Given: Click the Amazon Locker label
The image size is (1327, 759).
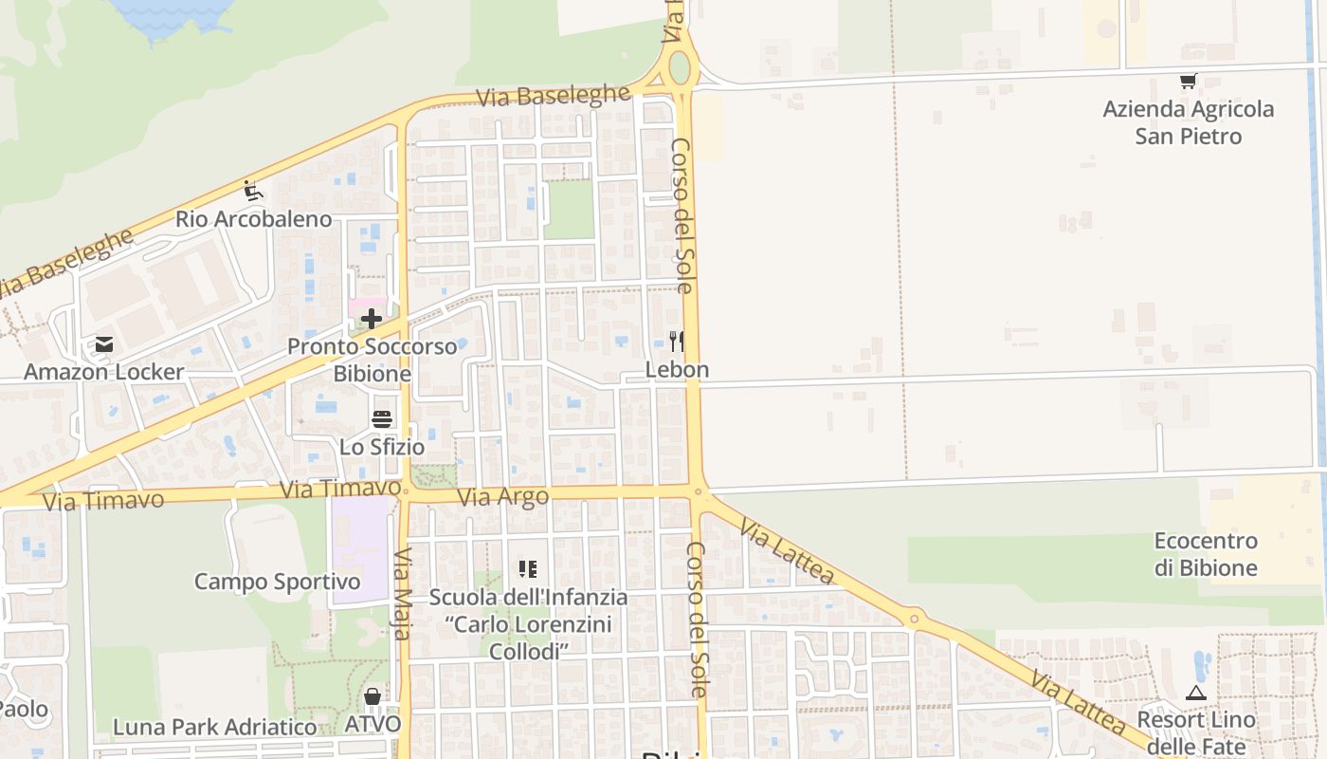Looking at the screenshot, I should coord(103,371).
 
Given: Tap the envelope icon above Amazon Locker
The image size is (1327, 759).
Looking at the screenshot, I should coord(103,344).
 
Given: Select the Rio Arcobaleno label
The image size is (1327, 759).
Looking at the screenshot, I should coord(253,219).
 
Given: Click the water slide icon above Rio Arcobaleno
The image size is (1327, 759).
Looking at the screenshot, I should coord(252,192).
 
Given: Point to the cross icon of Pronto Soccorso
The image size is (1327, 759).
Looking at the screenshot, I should coord(373,318).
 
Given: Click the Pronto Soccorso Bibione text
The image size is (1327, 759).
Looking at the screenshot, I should coord(373,360).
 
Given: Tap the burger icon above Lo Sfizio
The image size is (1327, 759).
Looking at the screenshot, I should coord(382,419).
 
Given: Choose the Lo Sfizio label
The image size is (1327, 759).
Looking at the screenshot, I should coord(382,446).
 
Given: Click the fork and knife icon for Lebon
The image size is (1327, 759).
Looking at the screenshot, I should coord(677,342).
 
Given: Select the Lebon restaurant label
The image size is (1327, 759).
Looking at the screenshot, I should coord(677,369).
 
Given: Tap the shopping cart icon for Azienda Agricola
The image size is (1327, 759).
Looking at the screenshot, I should coord(1188,82).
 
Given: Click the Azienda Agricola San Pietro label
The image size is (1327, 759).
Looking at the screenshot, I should coord(1189,122).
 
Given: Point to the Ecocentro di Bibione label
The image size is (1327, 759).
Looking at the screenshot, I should coord(1206,554).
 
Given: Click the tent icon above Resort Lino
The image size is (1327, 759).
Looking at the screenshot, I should coord(1196,693).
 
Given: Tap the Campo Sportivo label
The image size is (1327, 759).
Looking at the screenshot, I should coord(277,581).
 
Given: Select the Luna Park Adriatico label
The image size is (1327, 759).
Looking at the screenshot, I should coord(215,727).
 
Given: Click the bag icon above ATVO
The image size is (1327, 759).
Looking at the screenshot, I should coord(373,697).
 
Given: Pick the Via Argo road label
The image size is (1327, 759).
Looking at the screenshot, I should coord(502,497).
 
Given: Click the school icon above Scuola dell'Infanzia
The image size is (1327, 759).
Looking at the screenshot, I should coord(528,569).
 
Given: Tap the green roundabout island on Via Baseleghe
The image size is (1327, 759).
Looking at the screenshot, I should coord(680,67).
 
